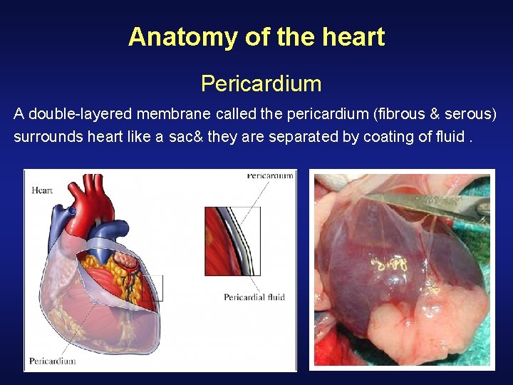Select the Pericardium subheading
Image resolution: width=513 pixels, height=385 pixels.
261,84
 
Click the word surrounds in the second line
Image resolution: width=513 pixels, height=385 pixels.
48,137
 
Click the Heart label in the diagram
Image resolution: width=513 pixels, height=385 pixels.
42,190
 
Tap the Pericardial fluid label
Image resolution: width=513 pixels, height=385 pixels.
254,297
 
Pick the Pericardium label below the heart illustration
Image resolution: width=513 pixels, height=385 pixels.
52,361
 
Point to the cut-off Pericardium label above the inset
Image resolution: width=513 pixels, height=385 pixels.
270,176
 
